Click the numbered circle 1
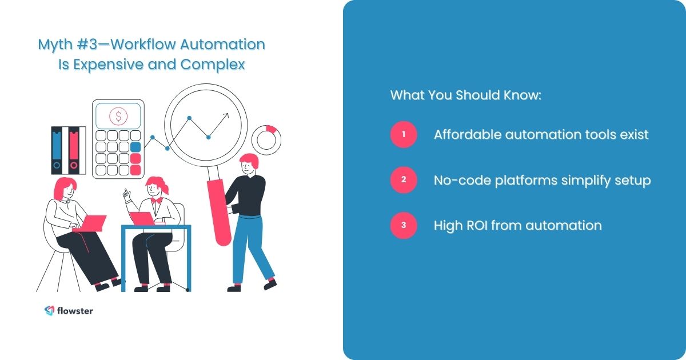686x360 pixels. pos(404,135)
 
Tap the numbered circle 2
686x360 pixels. pos(404,180)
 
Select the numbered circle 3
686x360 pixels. pos(404,225)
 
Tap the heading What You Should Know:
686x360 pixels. pos(465,95)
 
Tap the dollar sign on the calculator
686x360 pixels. pos(118,117)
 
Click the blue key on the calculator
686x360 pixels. pos(135,146)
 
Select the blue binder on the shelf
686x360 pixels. pos(57,150)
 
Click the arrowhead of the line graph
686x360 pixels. pos(226,115)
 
